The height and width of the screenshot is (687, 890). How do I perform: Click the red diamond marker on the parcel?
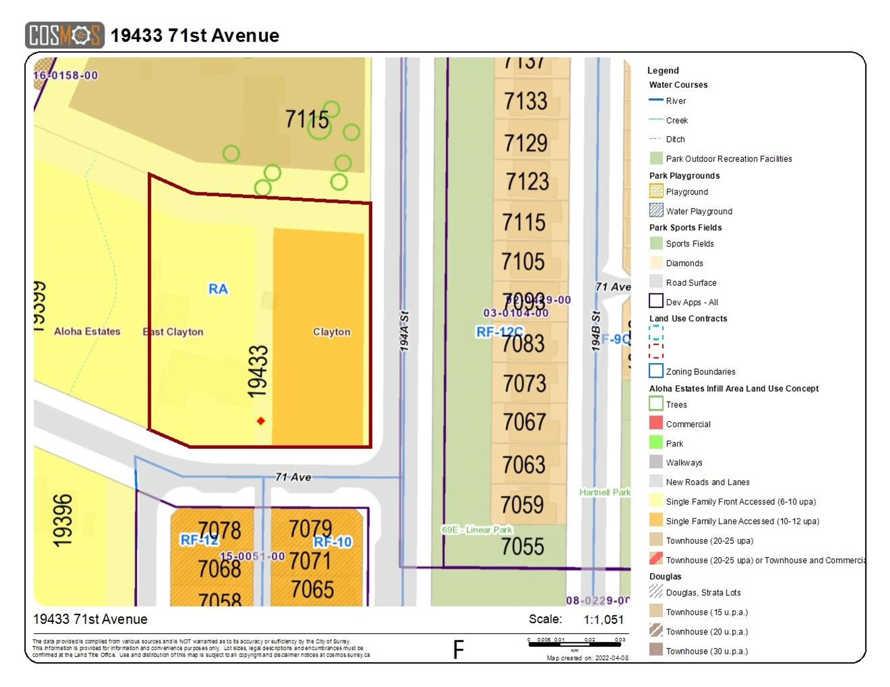[x=261, y=421]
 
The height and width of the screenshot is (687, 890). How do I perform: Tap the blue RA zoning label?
[x=218, y=289]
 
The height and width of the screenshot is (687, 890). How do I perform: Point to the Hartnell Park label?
[x=604, y=492]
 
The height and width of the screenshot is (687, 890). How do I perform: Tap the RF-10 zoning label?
[x=333, y=542]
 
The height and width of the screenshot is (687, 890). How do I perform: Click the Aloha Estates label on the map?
[x=87, y=332]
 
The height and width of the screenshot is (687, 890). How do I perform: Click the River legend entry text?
[x=676, y=101]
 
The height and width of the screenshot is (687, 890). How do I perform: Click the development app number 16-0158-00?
[x=66, y=75]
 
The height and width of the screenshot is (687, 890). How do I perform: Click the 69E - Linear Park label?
[x=477, y=530]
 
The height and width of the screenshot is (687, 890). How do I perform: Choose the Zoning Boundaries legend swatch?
[x=656, y=370]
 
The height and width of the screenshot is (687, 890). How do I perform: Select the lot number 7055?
[x=522, y=546]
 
